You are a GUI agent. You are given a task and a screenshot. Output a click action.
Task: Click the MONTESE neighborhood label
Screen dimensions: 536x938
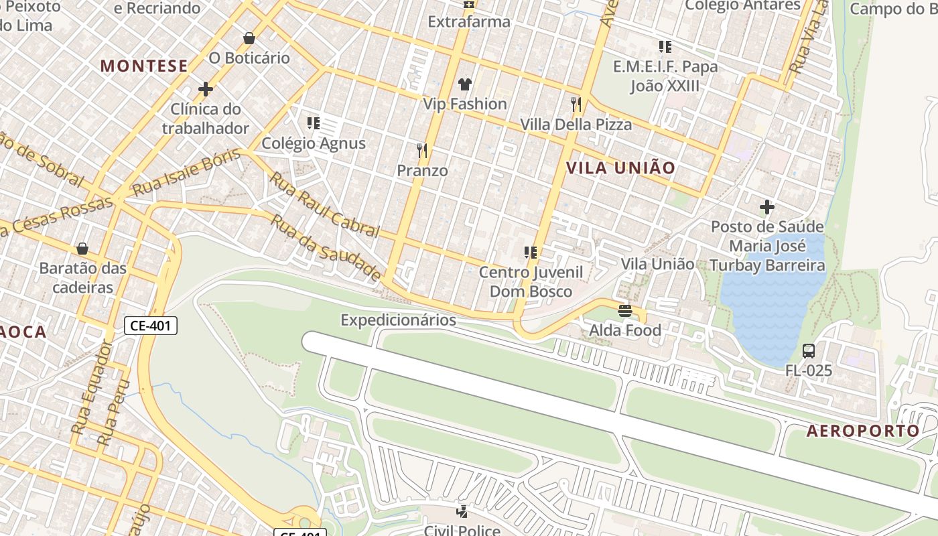coord(144,66)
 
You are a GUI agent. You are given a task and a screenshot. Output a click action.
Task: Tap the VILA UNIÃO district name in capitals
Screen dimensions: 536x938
coord(620,168)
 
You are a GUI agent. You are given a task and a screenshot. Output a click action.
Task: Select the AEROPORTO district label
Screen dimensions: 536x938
coord(862,431)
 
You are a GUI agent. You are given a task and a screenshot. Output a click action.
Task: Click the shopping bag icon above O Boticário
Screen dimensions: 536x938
coord(249,38)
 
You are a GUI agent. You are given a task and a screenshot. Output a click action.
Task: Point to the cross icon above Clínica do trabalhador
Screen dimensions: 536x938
coord(206,89)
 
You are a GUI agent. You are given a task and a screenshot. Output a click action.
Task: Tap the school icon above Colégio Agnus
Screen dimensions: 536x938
coord(313,123)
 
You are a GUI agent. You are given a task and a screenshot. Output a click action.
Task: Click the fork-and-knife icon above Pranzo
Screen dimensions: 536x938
coord(422,150)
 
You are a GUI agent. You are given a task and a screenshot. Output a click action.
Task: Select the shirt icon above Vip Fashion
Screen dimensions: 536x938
coord(464,84)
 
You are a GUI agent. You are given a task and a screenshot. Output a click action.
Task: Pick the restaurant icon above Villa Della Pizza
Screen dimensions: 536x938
coord(576,105)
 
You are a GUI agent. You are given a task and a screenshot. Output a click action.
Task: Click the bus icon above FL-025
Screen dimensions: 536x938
coord(809,351)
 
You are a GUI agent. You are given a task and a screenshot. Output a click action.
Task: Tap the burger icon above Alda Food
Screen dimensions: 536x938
coord(625,310)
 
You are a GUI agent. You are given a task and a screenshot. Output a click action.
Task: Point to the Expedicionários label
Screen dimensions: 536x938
coord(398,320)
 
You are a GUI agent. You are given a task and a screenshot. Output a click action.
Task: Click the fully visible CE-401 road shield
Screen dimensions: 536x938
coord(151,326)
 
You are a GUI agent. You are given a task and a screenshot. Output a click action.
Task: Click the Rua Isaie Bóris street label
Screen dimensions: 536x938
coord(186,173)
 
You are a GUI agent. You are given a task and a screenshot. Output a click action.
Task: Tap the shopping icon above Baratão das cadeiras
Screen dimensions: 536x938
coord(82,249)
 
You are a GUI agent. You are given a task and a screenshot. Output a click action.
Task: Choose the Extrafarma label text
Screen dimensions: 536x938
coord(469,21)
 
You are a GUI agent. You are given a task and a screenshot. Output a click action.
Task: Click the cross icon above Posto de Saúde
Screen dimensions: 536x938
coord(767,207)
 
